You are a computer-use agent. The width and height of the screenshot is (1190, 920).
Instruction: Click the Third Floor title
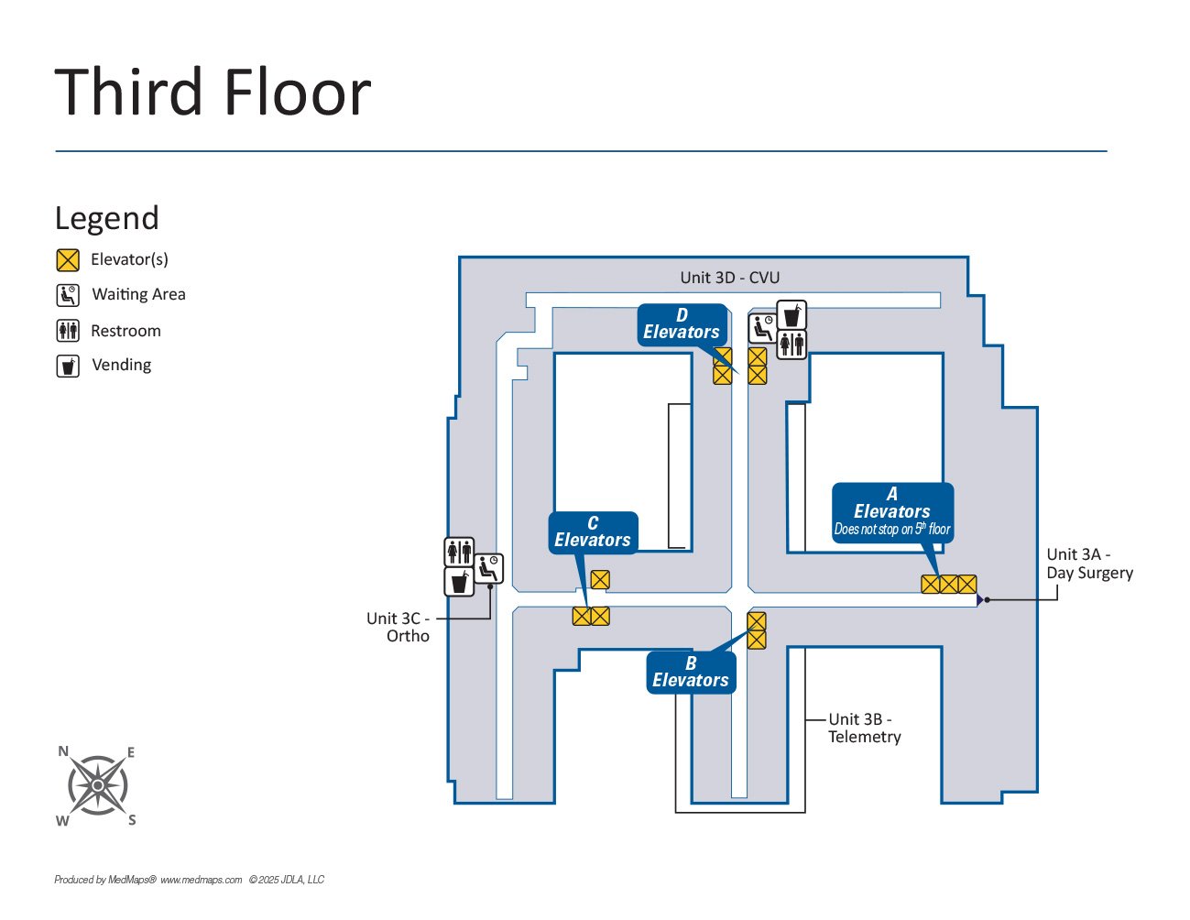(x=213, y=93)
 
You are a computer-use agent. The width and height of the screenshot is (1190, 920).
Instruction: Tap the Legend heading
(x=107, y=218)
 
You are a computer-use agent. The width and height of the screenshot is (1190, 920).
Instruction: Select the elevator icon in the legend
(x=68, y=260)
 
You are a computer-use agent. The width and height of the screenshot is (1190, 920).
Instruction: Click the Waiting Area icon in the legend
(x=68, y=295)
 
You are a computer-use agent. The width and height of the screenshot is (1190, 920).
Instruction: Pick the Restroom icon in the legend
(x=68, y=331)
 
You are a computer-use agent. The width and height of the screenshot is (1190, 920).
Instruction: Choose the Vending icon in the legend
(x=68, y=366)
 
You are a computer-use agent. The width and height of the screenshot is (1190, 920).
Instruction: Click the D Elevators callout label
(x=681, y=324)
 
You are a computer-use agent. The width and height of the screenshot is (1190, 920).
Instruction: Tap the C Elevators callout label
(x=593, y=532)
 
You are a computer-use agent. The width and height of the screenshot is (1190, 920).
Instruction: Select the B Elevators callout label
(x=691, y=673)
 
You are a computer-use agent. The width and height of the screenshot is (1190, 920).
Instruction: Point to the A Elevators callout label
(x=892, y=512)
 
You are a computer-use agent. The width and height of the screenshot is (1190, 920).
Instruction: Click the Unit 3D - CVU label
(x=729, y=278)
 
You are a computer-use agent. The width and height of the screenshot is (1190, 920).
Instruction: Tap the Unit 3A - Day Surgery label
(x=1089, y=564)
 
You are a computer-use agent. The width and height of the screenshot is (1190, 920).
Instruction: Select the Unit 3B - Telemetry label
(x=864, y=728)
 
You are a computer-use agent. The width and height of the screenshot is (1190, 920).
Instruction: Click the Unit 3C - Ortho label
(x=398, y=627)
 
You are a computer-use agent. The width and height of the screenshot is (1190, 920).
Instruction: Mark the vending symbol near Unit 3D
(x=792, y=315)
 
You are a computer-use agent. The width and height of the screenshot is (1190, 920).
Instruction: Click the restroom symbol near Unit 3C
(x=459, y=552)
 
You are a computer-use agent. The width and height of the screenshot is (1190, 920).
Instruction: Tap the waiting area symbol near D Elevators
(x=762, y=327)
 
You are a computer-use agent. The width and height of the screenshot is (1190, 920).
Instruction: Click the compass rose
(x=97, y=785)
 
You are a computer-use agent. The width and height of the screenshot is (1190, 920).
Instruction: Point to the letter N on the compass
(x=63, y=751)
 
